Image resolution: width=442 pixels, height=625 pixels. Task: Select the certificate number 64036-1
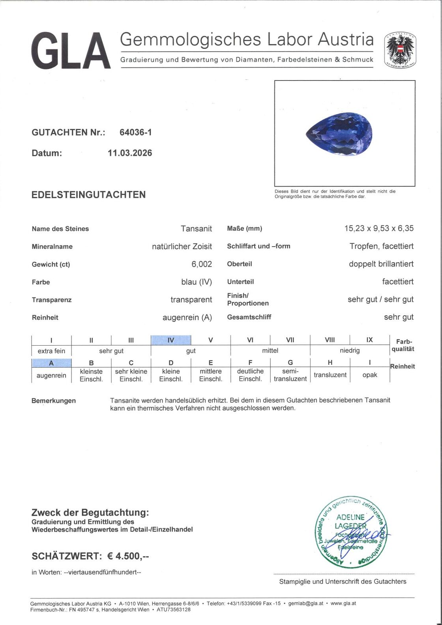tap(135, 133)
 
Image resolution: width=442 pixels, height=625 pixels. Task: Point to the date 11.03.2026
tap(130, 153)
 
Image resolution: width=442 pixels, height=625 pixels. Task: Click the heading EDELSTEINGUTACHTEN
tap(88, 195)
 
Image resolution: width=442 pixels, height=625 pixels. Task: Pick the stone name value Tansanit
tap(196, 228)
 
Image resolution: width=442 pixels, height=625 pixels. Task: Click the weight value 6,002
tap(202, 264)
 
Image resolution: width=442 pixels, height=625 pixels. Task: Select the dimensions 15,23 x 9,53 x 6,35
tap(379, 228)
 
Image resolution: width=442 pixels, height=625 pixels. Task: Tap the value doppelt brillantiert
tap(381, 264)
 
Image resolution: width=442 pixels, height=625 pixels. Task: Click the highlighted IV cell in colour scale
tap(171, 340)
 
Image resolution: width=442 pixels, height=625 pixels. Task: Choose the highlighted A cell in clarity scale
tap(51, 363)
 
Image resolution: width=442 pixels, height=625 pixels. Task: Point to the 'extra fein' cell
tap(51, 351)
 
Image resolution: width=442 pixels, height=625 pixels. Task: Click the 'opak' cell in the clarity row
tap(369, 375)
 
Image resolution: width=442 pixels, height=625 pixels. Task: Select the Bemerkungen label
tap(53, 400)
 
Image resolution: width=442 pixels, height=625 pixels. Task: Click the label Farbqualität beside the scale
tap(403, 345)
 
